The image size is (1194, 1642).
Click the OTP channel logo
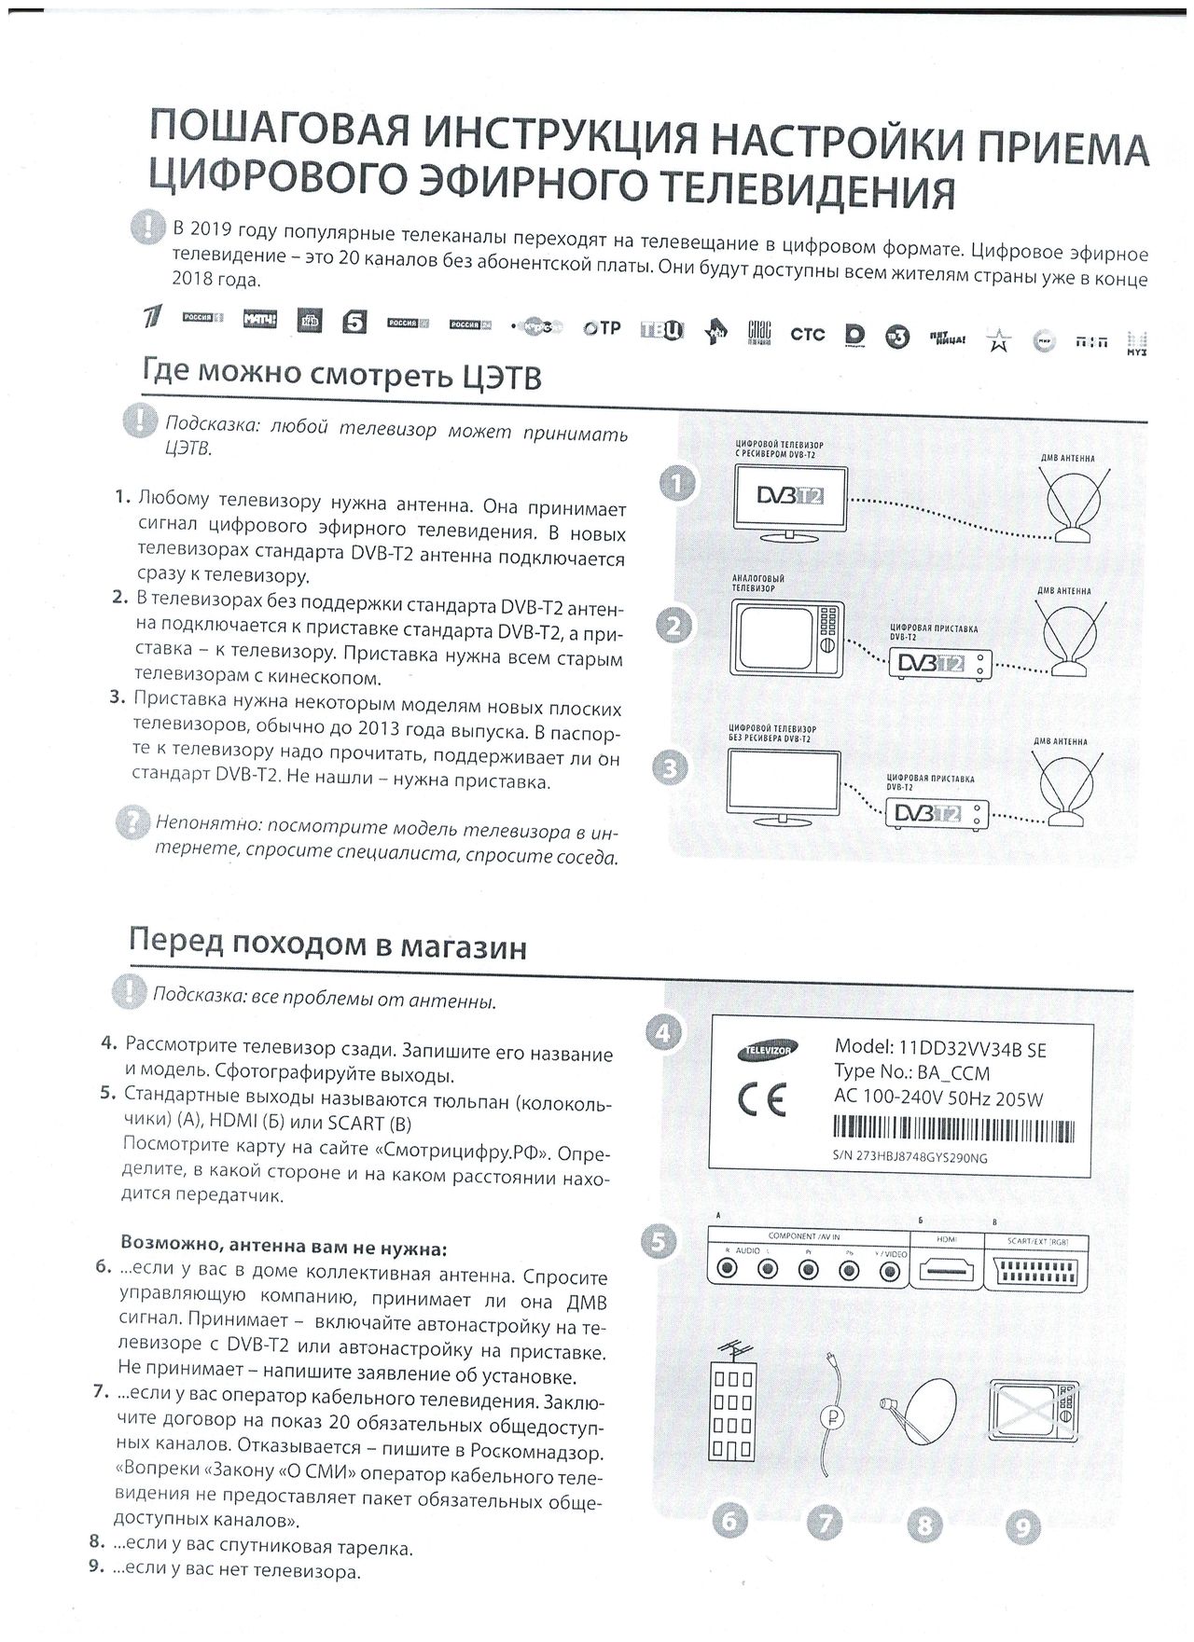point(601,327)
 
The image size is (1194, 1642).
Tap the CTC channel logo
point(807,333)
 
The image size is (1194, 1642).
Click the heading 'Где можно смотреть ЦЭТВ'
point(341,376)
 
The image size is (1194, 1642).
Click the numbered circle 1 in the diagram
point(676,484)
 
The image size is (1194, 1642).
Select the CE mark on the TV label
point(762,1101)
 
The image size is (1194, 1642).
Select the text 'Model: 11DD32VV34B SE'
point(940,1049)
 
